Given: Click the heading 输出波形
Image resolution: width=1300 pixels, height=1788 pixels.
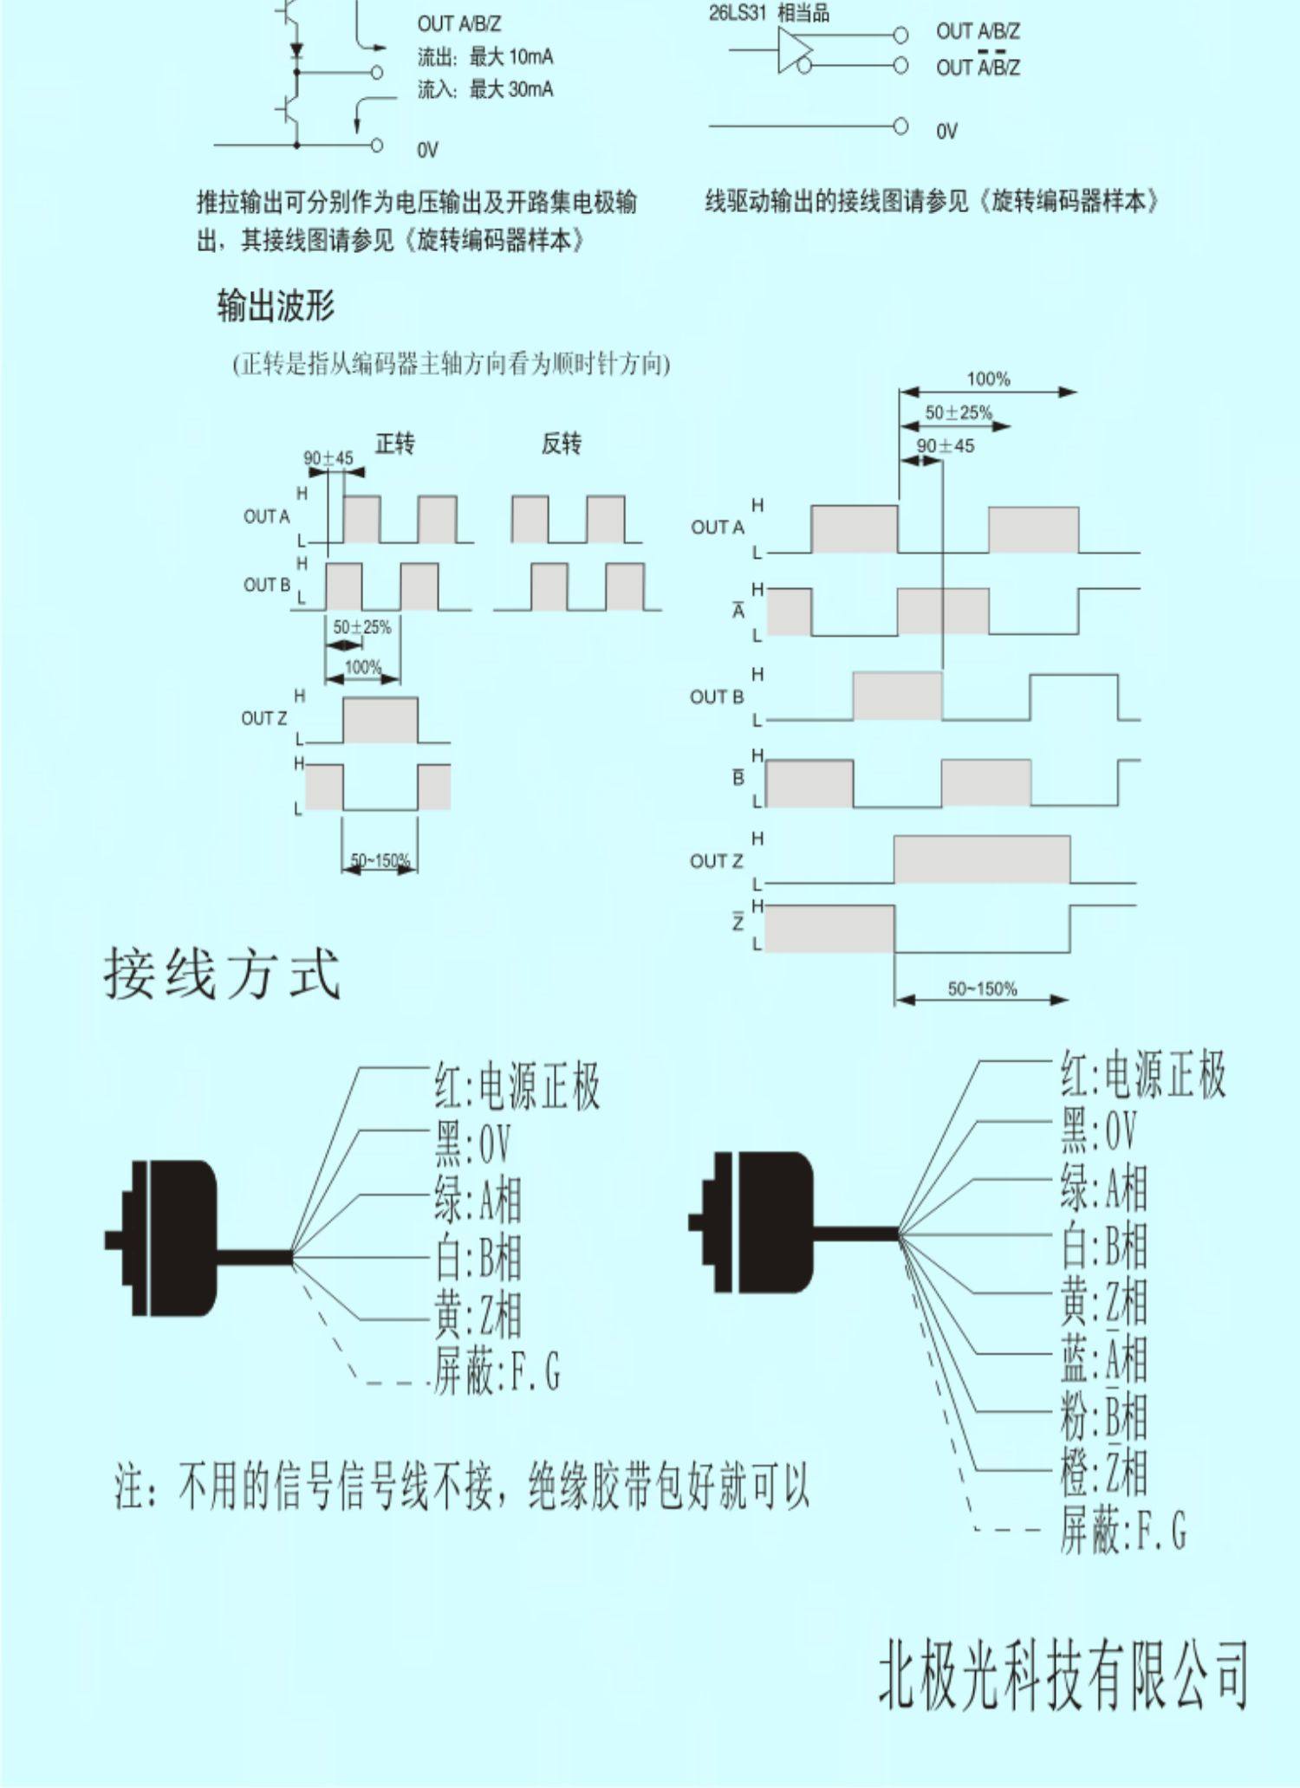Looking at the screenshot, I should tap(276, 306).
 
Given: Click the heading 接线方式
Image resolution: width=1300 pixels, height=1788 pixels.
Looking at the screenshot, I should tap(222, 974).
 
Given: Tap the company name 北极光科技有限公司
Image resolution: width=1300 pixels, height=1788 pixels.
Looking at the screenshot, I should tap(1063, 1677).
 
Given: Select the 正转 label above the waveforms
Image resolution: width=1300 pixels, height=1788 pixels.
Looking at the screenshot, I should tap(394, 444).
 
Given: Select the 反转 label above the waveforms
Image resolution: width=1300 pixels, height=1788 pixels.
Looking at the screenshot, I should tap(562, 444).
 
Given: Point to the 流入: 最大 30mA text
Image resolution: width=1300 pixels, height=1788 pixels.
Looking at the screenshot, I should tap(485, 90).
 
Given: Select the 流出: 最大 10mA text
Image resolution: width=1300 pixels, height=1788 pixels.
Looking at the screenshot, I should tap(485, 58).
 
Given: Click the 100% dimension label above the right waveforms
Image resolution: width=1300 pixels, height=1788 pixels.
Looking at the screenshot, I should tap(988, 379).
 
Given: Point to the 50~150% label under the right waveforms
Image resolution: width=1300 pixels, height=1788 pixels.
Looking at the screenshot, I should tap(982, 988).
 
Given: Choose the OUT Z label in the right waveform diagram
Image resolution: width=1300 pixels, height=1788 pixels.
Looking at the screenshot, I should tap(717, 861).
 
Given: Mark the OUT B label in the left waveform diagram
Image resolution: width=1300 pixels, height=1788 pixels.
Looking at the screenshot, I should tap(266, 586).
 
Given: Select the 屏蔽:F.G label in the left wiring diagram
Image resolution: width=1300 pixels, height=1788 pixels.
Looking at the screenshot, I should tap(497, 1373).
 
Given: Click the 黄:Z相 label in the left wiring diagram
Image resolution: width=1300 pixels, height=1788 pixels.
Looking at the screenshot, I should tap(478, 1316).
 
